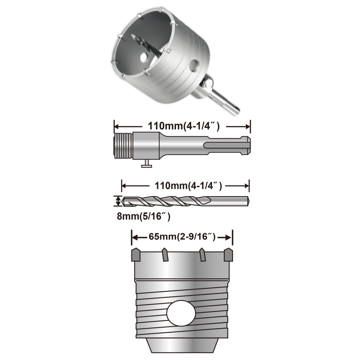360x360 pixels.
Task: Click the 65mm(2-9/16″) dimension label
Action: tap(182, 237)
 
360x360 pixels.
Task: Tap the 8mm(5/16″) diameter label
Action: tap(144, 216)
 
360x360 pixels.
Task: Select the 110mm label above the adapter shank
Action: tap(184, 126)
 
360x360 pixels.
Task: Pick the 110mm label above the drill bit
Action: tap(188, 186)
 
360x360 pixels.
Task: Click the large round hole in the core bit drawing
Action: tap(181, 313)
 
